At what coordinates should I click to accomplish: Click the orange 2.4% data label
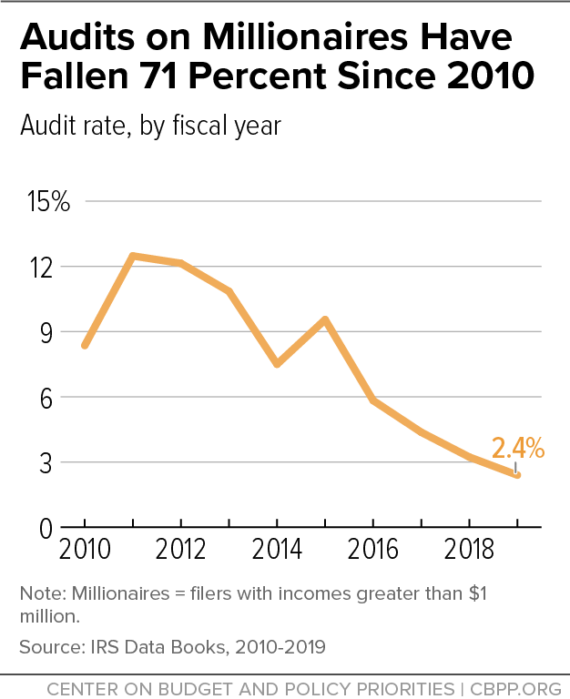tap(517, 448)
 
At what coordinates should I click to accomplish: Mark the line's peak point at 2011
tap(134, 256)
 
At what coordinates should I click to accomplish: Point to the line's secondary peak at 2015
tap(325, 319)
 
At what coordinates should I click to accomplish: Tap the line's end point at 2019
tap(517, 475)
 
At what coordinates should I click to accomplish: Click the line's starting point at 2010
tap(86, 346)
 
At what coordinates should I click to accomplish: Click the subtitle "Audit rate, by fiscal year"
tap(150, 126)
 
